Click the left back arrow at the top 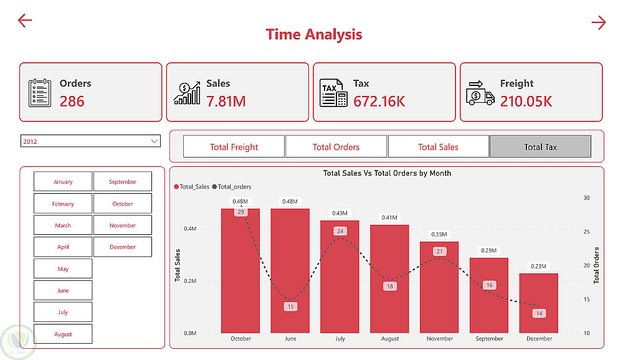pos(25,21)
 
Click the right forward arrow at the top pos(598,23)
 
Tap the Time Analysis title pos(314,34)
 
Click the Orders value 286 pos(72,101)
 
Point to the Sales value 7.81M pos(226,101)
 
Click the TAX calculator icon pos(333,93)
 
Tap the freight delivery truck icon pos(480,93)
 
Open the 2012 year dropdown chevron pos(155,141)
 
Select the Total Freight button pos(234,147)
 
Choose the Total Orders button pos(336,147)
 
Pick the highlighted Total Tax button pos(540,147)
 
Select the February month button pos(63,204)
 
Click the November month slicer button pos(123,225)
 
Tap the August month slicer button pos(63,334)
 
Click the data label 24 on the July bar pos(340,231)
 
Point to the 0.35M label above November pos(439,235)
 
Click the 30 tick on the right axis pos(586,198)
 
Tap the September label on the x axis pos(489,339)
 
